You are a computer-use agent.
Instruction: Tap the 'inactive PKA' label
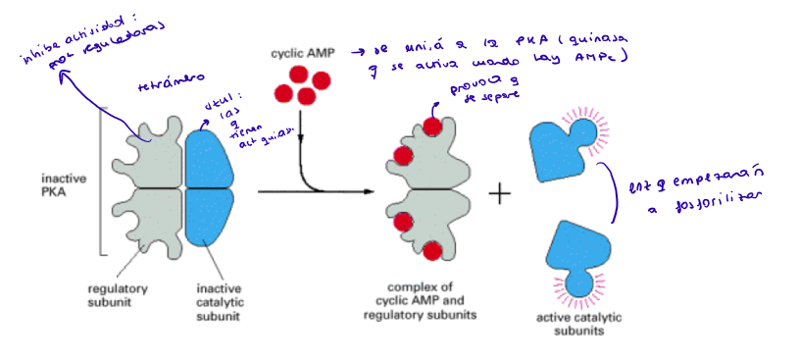pos(63,185)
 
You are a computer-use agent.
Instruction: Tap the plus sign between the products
pos(500,193)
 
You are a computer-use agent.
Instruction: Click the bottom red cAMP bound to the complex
pos(430,251)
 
